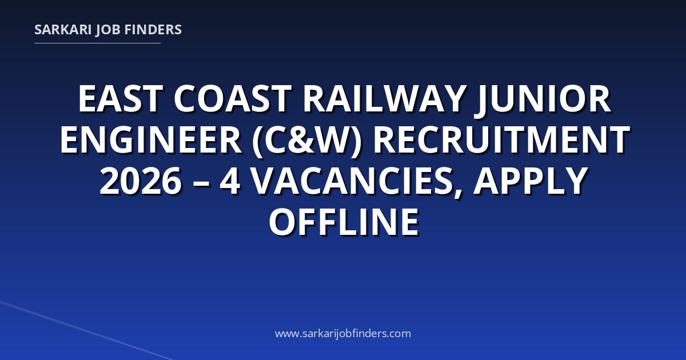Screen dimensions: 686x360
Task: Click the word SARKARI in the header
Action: click(63, 30)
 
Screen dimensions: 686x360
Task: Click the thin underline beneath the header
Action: click(97, 43)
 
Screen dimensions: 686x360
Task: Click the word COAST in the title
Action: click(233, 99)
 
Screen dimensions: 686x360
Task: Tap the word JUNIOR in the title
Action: click(543, 99)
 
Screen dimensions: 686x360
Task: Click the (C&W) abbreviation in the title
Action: click(307, 141)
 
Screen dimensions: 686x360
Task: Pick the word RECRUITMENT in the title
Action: click(501, 140)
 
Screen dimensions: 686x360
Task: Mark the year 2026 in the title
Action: click(141, 181)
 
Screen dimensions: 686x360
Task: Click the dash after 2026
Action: click(201, 183)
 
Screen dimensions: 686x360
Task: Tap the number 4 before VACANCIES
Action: click(230, 181)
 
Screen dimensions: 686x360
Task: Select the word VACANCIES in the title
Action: click(352, 181)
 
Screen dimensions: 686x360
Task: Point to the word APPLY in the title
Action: click(531, 181)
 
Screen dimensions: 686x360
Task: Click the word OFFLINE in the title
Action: click(344, 222)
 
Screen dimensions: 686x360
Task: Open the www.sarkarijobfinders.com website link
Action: click(343, 333)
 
